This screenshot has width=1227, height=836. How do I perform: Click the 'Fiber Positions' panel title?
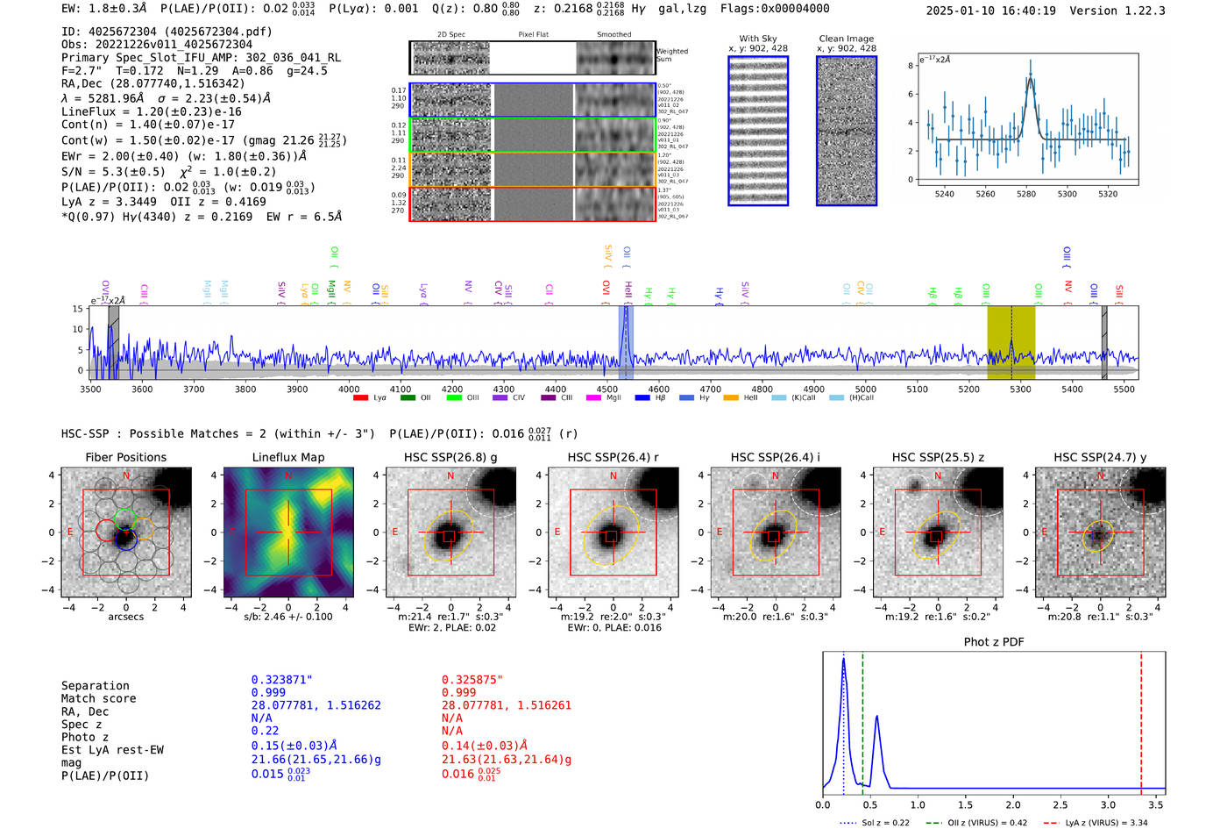(x=125, y=457)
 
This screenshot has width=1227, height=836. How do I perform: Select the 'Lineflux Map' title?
(x=287, y=457)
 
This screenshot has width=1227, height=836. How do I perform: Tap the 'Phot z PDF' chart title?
(x=994, y=641)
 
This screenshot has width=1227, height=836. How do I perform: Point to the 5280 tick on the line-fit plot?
(x=1026, y=194)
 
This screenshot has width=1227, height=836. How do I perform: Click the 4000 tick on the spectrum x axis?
(x=349, y=389)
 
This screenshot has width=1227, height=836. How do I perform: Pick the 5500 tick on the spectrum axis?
(x=1124, y=389)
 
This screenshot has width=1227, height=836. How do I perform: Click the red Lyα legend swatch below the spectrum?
(x=360, y=397)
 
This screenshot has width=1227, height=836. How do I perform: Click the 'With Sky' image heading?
(x=757, y=39)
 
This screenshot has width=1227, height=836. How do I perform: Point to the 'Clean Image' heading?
(x=846, y=39)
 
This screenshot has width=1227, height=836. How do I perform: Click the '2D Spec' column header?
(x=450, y=35)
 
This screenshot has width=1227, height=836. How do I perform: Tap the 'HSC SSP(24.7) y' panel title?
(x=1099, y=457)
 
